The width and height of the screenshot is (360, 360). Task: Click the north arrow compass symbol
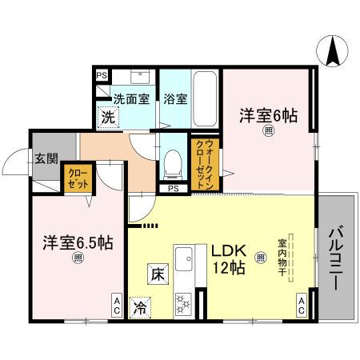(331, 53)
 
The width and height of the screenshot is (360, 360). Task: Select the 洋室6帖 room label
(268, 115)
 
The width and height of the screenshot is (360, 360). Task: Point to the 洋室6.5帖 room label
(77, 241)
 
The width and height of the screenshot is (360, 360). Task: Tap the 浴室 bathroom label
(175, 99)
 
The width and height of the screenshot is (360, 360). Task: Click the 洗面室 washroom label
(130, 99)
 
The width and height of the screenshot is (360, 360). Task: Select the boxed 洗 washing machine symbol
(107, 117)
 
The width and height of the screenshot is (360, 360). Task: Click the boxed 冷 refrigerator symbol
(140, 305)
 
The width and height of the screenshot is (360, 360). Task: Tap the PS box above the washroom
(101, 74)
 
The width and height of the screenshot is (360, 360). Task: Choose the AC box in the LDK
(302, 303)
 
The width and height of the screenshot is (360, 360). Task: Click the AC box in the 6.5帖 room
(116, 303)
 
